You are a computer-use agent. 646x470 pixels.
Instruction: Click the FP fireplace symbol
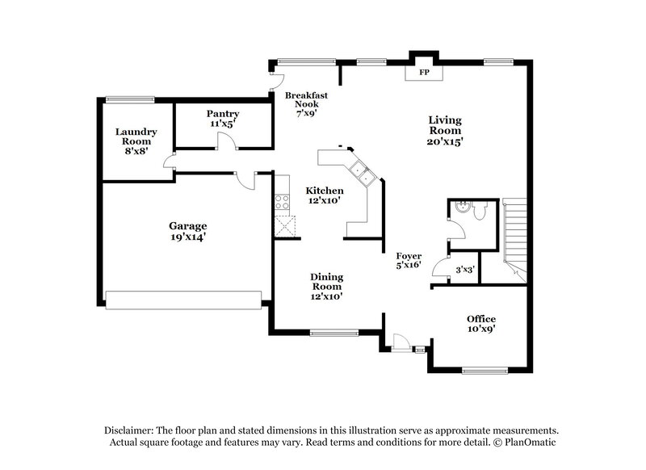coord(422,73)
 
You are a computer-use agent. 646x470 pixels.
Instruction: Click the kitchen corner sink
coord(359,173)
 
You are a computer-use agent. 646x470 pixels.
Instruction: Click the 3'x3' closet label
coord(464,270)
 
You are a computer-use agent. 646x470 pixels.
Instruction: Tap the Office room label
coord(481,324)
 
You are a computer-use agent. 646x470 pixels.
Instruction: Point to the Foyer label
coord(408,260)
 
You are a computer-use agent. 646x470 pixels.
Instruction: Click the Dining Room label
coord(326,286)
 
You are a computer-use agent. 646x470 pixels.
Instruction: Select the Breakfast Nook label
coord(307,104)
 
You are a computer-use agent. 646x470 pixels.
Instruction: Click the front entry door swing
coord(396,343)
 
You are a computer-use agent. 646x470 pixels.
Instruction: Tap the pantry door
coord(227,143)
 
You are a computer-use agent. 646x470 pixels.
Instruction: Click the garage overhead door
coord(187,299)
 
